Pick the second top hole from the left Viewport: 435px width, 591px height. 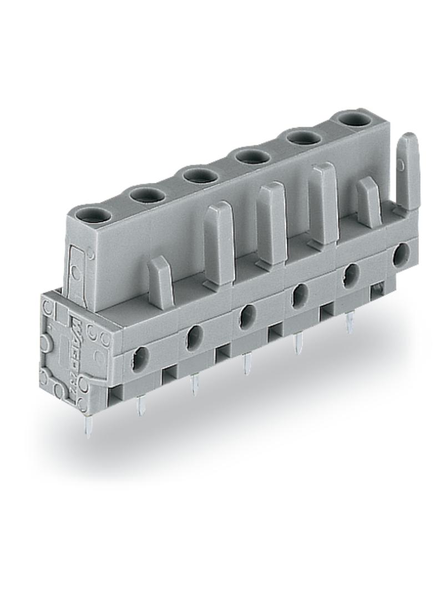coord(147,195)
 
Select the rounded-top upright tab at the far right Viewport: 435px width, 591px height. coord(408,172)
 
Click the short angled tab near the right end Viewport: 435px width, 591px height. coord(368,203)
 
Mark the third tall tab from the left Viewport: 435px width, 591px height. coord(324,203)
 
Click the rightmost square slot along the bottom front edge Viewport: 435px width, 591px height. coord(378,288)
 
